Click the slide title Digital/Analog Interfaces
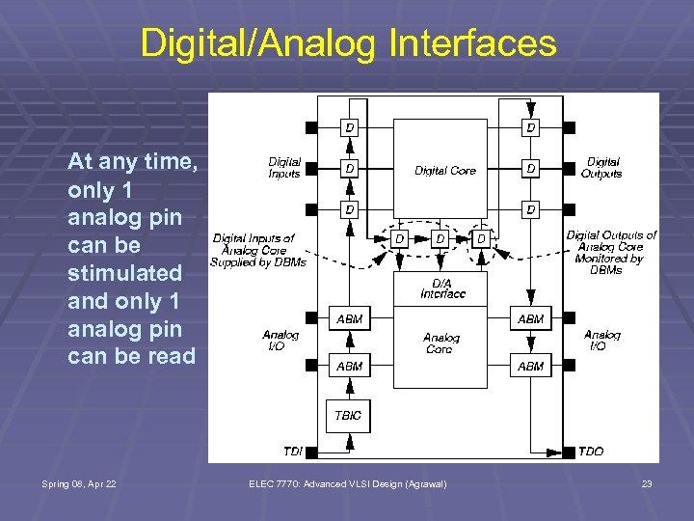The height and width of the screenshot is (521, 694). pos(348,43)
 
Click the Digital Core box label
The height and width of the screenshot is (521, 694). pos(445,171)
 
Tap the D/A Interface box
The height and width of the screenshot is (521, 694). pos(441,288)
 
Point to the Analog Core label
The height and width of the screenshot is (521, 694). pos(441,343)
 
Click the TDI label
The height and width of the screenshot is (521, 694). pos(292,452)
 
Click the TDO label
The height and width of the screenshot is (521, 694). pos(590,452)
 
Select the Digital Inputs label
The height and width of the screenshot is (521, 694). pos(284,168)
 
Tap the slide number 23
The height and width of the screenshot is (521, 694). pos(647,483)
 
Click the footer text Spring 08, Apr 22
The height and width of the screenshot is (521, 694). pos(80,483)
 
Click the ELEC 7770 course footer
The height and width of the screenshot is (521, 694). pos(347,483)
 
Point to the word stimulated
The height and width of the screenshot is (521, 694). pos(124,273)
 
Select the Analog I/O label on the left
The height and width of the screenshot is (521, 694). pos(280,341)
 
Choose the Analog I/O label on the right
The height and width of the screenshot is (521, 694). pos(601,341)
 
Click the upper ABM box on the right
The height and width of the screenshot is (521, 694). pos(530,318)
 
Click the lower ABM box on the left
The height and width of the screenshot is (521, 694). pos(349,366)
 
